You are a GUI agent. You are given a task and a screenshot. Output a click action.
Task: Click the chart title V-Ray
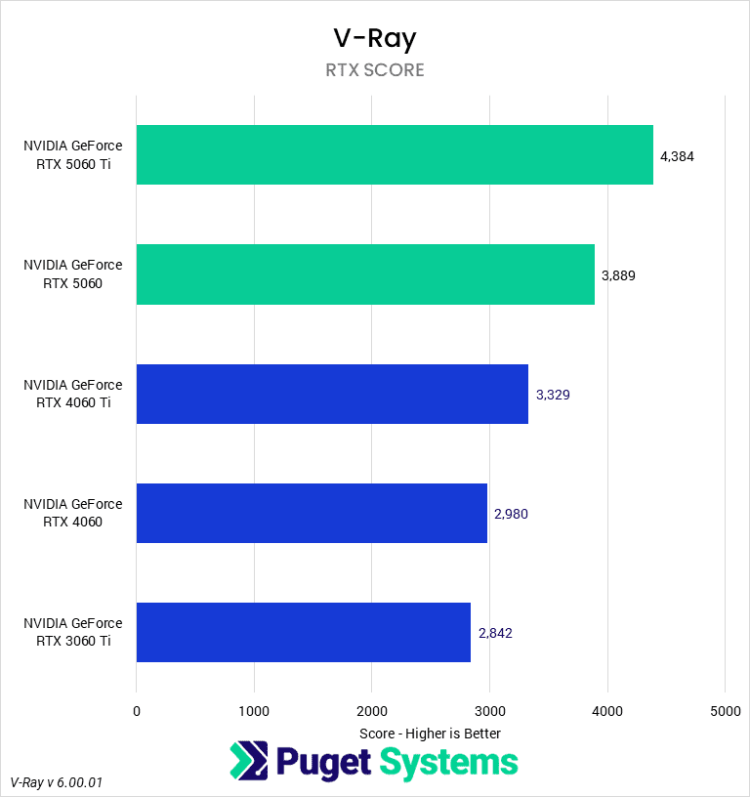pos(375,38)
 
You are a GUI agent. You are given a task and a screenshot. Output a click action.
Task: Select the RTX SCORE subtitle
pos(375,70)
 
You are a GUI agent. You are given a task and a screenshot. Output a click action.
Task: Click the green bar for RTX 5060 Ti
pos(395,154)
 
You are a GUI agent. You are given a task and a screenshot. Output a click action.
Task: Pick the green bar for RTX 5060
pos(365,274)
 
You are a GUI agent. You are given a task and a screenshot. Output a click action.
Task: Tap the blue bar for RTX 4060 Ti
pos(332,394)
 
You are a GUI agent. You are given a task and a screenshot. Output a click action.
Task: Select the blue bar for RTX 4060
pos(312,513)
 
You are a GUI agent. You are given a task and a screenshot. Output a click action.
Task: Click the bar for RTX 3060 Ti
pos(304,632)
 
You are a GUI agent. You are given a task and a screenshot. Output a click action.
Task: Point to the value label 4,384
pos(677,156)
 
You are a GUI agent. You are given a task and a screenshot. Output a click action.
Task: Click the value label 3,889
pos(618,275)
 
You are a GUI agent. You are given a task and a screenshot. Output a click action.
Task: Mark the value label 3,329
pos(553,395)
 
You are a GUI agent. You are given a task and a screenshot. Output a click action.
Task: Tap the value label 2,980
pos(512,514)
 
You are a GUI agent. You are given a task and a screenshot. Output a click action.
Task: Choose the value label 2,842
pos(495,633)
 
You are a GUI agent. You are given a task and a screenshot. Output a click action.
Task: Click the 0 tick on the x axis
pos(137,712)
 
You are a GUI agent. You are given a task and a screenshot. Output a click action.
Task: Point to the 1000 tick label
pos(254,712)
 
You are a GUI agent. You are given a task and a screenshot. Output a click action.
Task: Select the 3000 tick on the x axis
pos(489,712)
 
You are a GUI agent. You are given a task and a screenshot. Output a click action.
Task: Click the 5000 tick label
pos(725,712)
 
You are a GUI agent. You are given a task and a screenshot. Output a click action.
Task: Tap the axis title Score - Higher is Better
pos(430,733)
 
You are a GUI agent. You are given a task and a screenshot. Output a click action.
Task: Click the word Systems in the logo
pos(448,762)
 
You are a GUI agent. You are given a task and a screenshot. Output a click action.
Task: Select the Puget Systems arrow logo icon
pos(248,762)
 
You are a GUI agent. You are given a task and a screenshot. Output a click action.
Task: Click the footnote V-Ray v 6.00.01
pos(57,783)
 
